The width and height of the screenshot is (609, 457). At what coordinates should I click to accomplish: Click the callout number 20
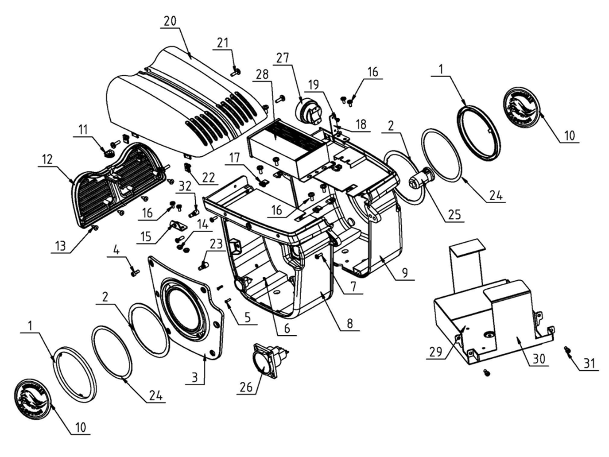point(170,21)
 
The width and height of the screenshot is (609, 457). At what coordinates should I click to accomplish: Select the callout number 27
point(283,58)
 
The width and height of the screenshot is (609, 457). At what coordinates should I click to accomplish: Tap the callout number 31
point(589,363)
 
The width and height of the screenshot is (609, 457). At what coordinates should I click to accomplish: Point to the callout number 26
point(246,387)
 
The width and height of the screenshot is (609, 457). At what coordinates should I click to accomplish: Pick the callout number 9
point(405,273)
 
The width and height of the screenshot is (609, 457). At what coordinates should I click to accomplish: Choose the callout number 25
point(454,215)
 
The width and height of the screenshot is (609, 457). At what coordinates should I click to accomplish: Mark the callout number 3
point(194,378)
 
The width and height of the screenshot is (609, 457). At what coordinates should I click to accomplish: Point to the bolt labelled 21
point(236,71)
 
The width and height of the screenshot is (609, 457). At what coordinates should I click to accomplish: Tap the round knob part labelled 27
point(306,111)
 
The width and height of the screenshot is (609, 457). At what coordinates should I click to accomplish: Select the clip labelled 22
point(188,168)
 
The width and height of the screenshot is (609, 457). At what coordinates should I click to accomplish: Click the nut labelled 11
point(108,153)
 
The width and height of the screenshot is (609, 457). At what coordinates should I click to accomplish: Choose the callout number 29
point(435,352)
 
